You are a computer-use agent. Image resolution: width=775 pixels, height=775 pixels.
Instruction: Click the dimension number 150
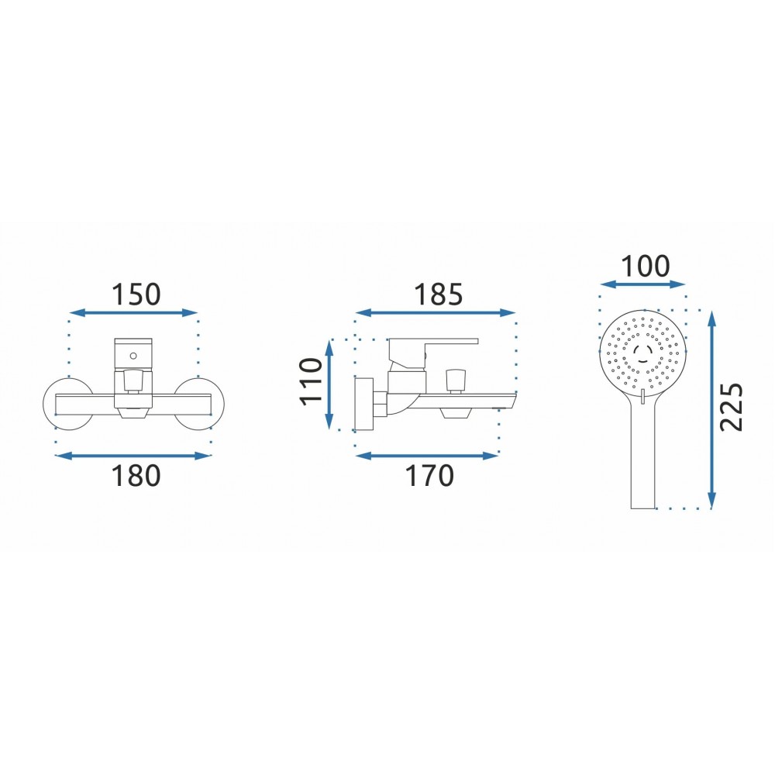pyautogui.click(x=136, y=294)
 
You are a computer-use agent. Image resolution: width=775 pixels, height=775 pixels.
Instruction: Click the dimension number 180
pyautogui.click(x=136, y=476)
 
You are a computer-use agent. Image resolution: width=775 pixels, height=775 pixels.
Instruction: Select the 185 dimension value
pyautogui.click(x=438, y=294)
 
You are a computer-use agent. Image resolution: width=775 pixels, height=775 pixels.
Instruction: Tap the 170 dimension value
pyautogui.click(x=429, y=476)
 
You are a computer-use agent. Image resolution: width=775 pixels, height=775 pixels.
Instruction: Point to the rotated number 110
pyautogui.click(x=312, y=381)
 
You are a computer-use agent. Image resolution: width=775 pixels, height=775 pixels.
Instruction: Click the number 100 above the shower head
pyautogui.click(x=645, y=266)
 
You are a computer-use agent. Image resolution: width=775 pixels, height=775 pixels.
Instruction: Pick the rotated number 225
pyautogui.click(x=731, y=407)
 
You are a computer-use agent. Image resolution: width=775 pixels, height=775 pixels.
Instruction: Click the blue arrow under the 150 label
pyautogui.click(x=133, y=312)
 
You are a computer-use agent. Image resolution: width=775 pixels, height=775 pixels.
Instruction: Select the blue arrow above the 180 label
pyautogui.click(x=133, y=456)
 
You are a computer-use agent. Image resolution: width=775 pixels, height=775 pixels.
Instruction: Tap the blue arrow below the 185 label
pyautogui.click(x=436, y=312)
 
